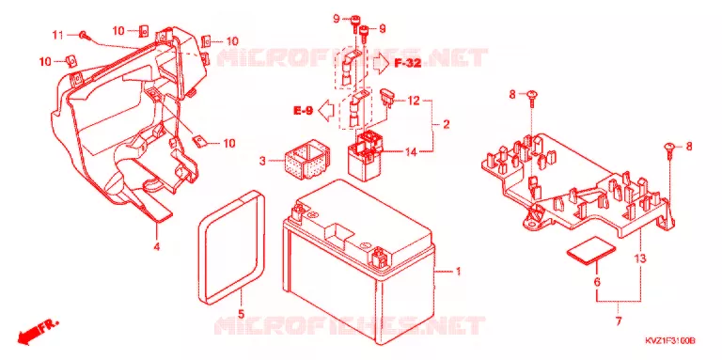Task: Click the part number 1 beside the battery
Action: click(458, 272)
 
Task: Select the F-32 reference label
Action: click(407, 64)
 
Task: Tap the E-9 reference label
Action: click(304, 110)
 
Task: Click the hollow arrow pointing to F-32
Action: click(381, 64)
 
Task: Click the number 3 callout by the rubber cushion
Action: click(262, 161)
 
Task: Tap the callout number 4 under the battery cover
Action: click(157, 247)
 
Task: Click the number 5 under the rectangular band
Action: click(241, 315)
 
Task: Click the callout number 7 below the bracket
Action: click(619, 321)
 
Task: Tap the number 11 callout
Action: click(57, 35)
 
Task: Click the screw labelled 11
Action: click(83, 35)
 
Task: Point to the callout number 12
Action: click(414, 100)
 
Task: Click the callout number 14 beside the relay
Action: click(411, 151)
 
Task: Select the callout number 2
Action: click(446, 124)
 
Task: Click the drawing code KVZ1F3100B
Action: click(669, 341)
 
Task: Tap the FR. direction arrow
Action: click(38, 332)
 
